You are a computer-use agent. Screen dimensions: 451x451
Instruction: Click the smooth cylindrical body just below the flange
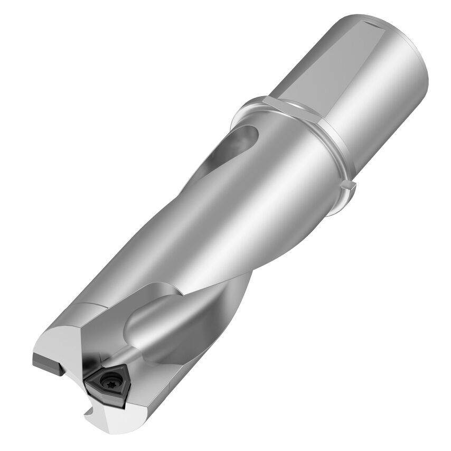(296, 174)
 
